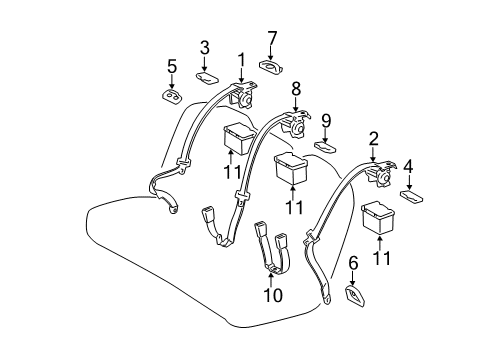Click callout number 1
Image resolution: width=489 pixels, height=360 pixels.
240,59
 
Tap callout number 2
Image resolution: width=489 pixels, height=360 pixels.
373,139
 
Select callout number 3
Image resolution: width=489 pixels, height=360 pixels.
205,47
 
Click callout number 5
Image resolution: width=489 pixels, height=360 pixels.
171,67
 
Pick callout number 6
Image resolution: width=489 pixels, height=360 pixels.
352,264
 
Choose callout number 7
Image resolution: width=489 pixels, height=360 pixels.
271,39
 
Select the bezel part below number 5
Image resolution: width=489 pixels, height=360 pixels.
171,95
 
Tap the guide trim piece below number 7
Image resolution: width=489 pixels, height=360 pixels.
272,66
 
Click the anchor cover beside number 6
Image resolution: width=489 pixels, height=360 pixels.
354,294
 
